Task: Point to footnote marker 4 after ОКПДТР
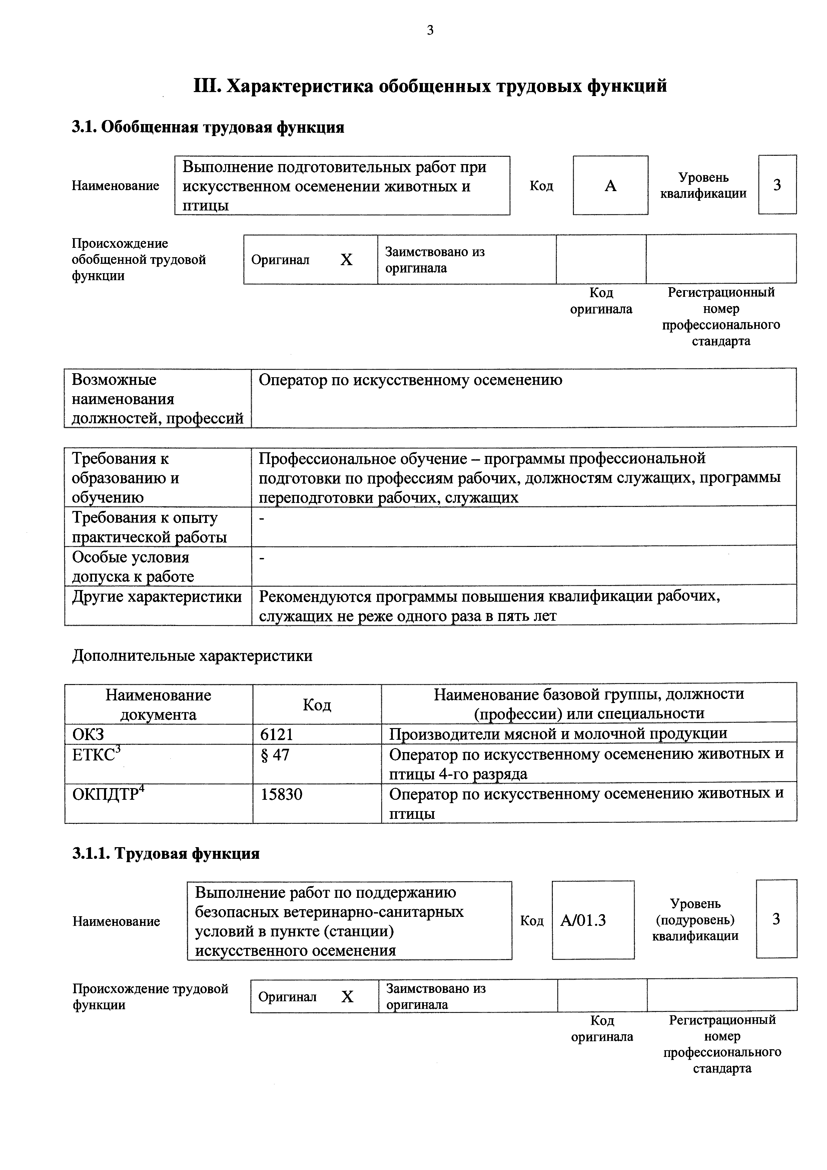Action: [142, 789]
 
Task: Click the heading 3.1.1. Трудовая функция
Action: [166, 853]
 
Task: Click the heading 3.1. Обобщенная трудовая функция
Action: [208, 127]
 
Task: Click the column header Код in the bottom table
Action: [316, 704]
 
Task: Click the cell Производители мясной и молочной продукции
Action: [558, 734]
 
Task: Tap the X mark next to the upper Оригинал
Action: [346, 260]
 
